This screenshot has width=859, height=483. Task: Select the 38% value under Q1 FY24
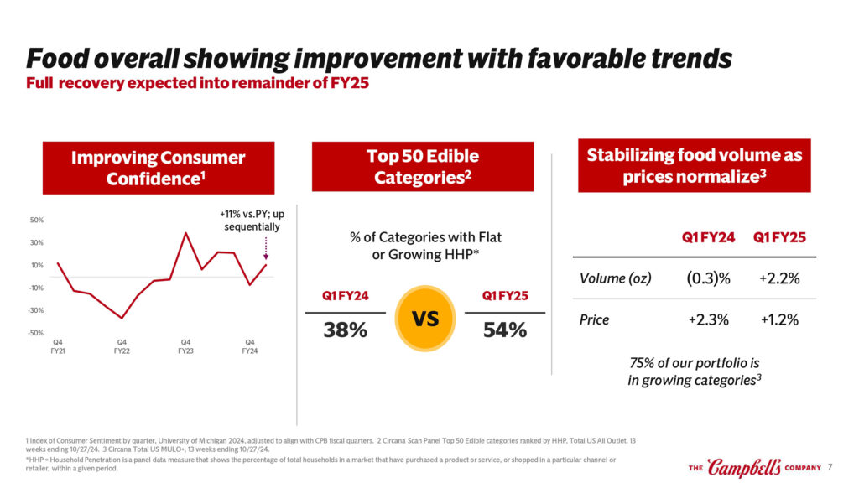coord(346,330)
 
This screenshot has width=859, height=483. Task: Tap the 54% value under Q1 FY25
coord(505,330)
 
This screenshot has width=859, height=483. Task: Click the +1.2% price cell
coord(778,319)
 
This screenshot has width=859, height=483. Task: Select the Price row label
coord(594,319)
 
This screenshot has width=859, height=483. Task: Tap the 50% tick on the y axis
coord(38,221)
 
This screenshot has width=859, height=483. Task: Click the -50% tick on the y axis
coord(37,334)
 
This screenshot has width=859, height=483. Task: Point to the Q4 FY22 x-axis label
coord(122,346)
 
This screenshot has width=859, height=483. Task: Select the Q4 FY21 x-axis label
coord(57,346)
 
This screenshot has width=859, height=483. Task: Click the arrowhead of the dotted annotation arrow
coord(266,257)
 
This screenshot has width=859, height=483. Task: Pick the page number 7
coord(830,467)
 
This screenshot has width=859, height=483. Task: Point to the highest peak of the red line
coord(185,233)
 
